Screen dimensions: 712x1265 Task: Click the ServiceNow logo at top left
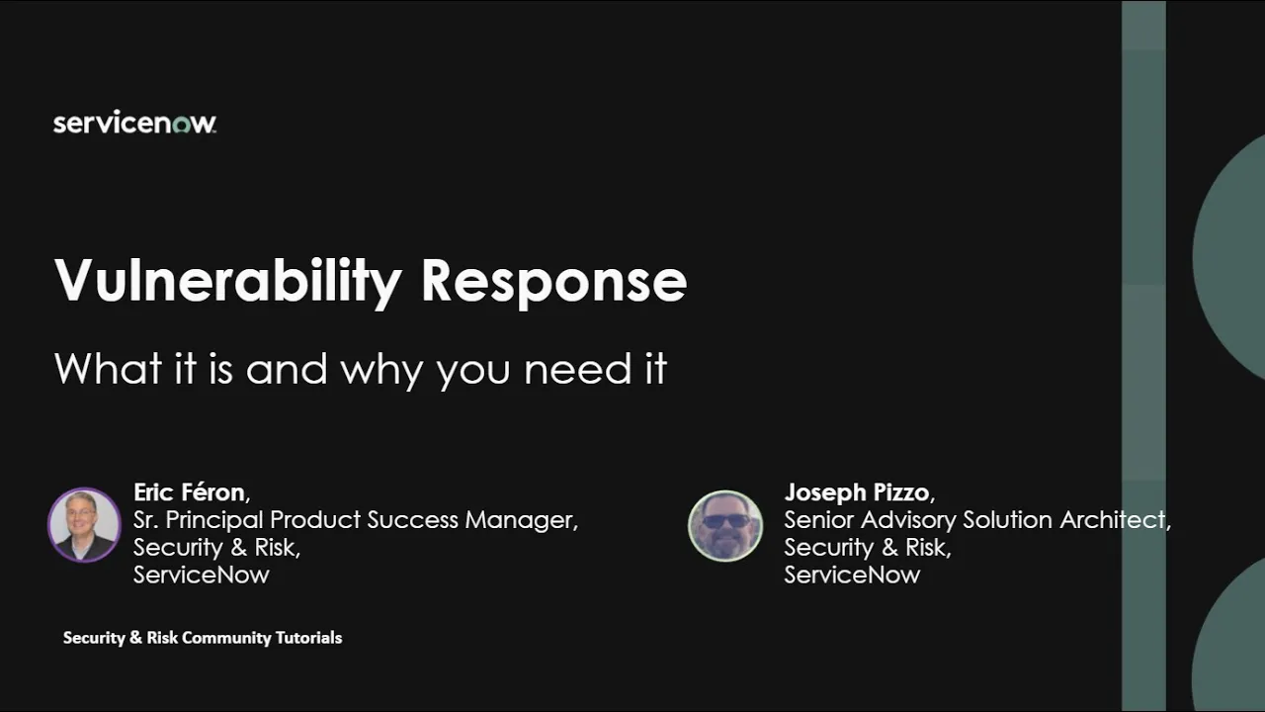pyautogui.click(x=134, y=123)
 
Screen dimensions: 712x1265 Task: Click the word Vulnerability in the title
pyautogui.click(x=228, y=281)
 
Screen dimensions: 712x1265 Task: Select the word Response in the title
pyautogui.click(x=553, y=281)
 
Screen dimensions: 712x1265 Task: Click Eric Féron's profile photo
pyautogui.click(x=84, y=525)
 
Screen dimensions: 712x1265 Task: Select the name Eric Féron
pyautogui.click(x=190, y=492)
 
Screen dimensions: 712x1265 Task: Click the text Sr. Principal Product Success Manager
pyautogui.click(x=355, y=520)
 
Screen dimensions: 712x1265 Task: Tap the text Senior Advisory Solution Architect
pyautogui.click(x=976, y=520)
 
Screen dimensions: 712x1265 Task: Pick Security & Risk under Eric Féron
pyautogui.click(x=215, y=547)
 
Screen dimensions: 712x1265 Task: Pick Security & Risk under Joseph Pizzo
pyautogui.click(x=867, y=547)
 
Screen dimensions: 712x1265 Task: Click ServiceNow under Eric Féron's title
pyautogui.click(x=201, y=575)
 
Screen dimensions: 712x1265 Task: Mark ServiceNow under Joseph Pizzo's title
pyautogui.click(x=852, y=575)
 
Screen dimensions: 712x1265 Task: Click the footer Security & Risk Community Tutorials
pyautogui.click(x=203, y=638)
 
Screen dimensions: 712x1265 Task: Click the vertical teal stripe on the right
pyautogui.click(x=1143, y=356)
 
